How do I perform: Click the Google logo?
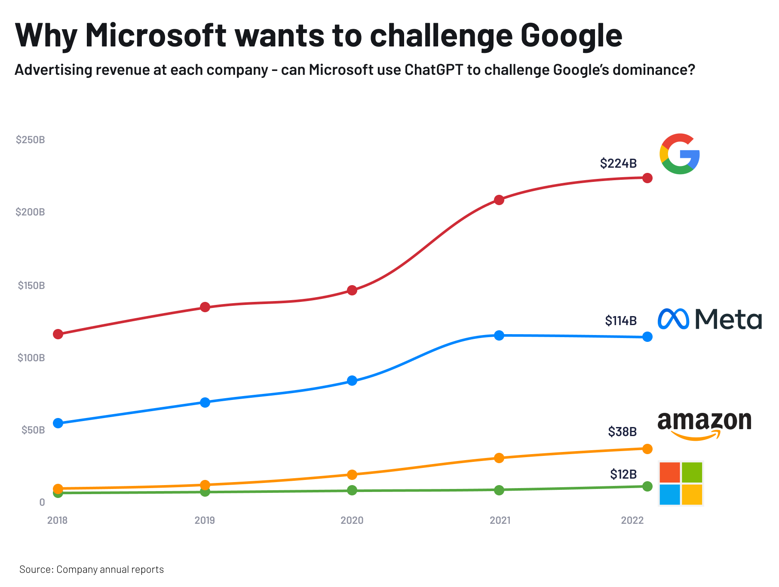[x=680, y=154]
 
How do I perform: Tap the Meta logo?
[x=710, y=319]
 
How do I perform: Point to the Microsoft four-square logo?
[x=681, y=483]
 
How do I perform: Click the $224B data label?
[x=618, y=163]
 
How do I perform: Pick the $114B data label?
[x=620, y=321]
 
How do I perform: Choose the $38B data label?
[x=622, y=431]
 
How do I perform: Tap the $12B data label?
[x=623, y=474]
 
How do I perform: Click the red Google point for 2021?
[x=499, y=200]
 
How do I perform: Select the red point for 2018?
[x=58, y=334]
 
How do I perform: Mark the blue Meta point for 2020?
[x=352, y=381]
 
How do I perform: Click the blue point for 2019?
[x=205, y=403]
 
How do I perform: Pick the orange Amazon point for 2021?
[x=499, y=458]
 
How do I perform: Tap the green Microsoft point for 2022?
[x=647, y=486]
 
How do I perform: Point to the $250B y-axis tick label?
[x=30, y=140]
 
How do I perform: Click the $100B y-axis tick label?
[x=31, y=358]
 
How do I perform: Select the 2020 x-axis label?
[x=352, y=520]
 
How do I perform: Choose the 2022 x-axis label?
[x=632, y=520]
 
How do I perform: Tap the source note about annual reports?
[x=92, y=569]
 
